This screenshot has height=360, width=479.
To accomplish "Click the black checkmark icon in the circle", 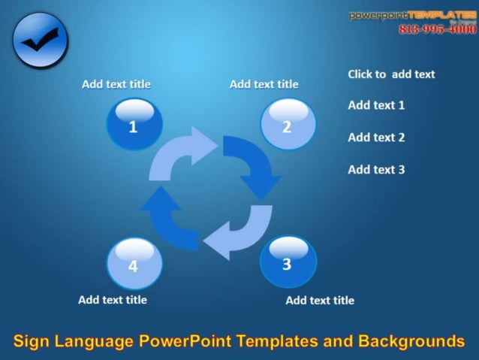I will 40,41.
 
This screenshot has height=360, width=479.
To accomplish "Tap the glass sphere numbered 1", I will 134,124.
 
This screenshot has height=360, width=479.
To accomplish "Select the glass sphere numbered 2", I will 288,124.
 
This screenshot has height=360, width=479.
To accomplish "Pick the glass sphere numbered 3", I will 288,262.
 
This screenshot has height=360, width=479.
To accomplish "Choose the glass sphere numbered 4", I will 134,263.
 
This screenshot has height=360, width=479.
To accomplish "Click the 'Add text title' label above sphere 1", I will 116,84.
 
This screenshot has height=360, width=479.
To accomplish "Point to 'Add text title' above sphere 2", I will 264,84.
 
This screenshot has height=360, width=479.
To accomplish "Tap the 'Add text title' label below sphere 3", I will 320,301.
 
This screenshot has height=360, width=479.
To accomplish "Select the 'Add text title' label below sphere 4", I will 113,300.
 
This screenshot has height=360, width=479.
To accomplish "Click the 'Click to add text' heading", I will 391,74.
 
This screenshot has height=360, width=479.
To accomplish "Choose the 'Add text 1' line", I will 376,105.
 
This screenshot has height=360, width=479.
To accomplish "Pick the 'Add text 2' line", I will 376,138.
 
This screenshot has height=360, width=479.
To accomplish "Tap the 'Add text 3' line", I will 376,170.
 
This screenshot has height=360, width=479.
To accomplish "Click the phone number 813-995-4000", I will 437,29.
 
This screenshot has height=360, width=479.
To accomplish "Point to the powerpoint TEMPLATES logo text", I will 412,15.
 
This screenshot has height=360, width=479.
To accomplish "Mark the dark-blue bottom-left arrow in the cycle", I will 172,218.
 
